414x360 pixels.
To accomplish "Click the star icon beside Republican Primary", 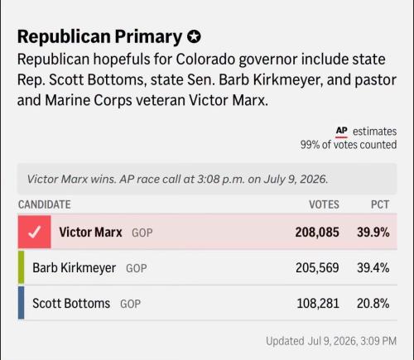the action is pos(194,36).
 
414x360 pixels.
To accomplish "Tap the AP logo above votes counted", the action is pos(341,131).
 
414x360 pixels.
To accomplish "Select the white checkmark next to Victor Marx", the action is pos(35,232).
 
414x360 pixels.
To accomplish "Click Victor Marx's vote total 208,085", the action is pos(317,232).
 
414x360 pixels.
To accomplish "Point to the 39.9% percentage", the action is pos(373,232).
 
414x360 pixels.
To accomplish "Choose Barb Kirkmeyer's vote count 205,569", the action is pos(317,267).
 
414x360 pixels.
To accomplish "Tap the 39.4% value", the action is pos(373,267).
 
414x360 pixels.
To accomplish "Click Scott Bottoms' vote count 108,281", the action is pos(318,304).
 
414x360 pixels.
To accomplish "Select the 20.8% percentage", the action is pos(373,304).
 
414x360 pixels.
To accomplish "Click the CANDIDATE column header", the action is pos(45,204).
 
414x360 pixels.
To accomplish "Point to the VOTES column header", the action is pos(324,204).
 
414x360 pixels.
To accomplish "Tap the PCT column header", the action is pos(380,204).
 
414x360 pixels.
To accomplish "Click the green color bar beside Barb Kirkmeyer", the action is pos(21,267).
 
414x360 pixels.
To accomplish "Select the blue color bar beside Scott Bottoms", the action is pos(21,303).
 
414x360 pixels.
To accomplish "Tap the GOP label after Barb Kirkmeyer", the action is pos(137,268).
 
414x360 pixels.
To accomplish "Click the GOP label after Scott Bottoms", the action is pos(130,304).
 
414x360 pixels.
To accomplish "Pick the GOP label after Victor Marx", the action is pos(142,233).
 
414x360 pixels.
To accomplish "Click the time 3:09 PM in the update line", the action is pos(378,341).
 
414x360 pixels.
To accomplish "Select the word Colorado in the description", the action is pos(205,60).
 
